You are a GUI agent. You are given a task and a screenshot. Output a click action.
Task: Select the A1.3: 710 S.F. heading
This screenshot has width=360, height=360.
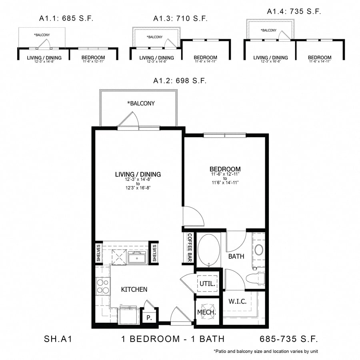[x=180, y=18]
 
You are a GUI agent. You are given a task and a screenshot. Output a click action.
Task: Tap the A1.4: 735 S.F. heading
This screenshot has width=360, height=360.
[x=294, y=12]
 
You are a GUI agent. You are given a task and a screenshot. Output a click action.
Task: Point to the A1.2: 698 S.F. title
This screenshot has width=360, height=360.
[x=180, y=81]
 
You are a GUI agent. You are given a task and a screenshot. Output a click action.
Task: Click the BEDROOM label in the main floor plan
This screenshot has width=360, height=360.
[x=225, y=169]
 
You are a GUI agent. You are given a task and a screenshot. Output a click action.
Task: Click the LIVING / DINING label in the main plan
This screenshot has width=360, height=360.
[x=138, y=174]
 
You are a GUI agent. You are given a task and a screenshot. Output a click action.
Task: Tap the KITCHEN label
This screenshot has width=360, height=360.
[x=134, y=289]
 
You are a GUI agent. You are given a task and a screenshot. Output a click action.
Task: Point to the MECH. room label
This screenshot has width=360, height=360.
[x=207, y=312]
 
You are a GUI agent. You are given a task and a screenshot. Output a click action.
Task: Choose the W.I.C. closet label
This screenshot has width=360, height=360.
[x=237, y=301]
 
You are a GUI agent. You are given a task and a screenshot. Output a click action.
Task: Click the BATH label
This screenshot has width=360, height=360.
[x=236, y=256]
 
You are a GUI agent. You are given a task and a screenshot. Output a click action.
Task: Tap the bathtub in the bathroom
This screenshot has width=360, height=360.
[x=208, y=250]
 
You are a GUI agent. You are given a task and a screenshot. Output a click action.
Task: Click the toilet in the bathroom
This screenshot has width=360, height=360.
[x=255, y=278]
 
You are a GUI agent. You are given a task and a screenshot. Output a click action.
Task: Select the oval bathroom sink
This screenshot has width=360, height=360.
[x=259, y=250]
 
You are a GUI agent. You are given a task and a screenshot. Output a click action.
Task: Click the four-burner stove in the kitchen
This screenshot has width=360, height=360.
[x=103, y=286]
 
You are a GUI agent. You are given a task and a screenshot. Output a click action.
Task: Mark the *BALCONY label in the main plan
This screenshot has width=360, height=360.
[x=141, y=103]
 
